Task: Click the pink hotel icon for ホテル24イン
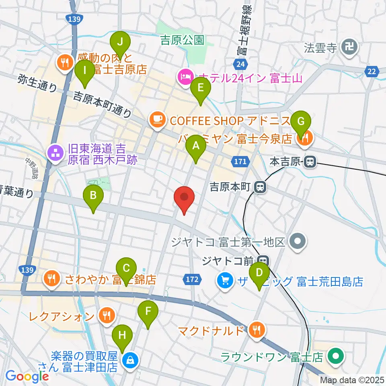pyautogui.click(x=185, y=77)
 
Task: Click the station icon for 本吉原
pyautogui.click(x=310, y=162)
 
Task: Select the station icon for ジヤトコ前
pyautogui.click(x=264, y=261)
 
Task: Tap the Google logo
pyautogui.click(x=27, y=376)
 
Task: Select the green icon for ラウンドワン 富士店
pyautogui.click(x=334, y=356)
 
